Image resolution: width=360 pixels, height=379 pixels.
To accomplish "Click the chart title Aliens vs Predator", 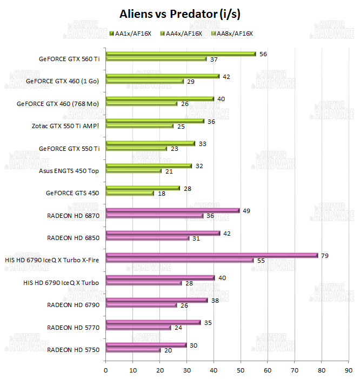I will coord(180,13).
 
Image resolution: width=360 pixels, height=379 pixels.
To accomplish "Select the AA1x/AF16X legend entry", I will coord(129,34).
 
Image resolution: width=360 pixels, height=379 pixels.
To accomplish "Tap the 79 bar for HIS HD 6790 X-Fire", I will coord(212,255).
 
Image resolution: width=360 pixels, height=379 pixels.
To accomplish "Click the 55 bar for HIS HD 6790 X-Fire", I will coord(179,261).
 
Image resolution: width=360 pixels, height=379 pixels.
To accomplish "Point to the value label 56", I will coord(263,54).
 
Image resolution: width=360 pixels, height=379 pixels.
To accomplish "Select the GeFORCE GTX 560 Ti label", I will coord(69,59).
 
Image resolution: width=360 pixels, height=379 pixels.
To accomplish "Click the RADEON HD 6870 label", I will coord(74,216).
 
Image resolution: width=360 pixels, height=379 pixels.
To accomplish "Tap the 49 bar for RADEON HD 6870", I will coord(172,210).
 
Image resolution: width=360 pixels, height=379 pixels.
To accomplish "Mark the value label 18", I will coord(162,193).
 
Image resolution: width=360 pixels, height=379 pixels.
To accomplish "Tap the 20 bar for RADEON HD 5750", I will coord(133,350).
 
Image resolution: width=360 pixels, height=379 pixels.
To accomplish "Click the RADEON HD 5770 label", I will coord(74,328).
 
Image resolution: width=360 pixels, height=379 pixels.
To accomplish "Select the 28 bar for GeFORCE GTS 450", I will coord(143,188).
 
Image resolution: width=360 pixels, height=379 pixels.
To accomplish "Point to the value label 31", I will coord(196,238).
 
